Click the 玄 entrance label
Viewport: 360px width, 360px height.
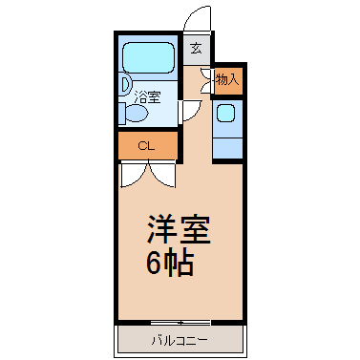(196, 49)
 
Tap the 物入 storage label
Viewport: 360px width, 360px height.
(227, 79)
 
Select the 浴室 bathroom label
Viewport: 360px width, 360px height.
(147, 97)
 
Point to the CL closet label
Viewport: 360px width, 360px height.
(146, 146)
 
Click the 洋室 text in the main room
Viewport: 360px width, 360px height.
(179, 230)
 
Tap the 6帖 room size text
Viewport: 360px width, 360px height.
(170, 264)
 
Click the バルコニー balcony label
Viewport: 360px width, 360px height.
(180, 341)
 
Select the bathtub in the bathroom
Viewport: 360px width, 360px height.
(149, 58)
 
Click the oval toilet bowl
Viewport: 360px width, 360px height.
(138, 113)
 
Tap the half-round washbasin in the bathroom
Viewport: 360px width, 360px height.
(125, 84)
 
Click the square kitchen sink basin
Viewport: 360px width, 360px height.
(225, 114)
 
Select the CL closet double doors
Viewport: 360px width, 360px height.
(148, 175)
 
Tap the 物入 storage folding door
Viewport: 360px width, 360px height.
(206, 80)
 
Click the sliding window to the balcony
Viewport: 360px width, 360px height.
(180, 323)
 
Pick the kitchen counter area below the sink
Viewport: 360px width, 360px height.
(227, 148)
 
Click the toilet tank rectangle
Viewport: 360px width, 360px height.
(122, 113)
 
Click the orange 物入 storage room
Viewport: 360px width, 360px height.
(228, 81)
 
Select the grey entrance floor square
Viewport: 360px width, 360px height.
(196, 50)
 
